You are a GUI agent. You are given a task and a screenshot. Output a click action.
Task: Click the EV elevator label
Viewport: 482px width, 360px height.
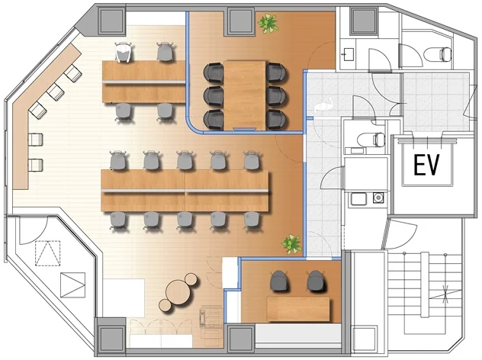click(x=426, y=165)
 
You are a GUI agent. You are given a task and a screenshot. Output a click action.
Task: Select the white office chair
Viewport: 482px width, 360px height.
click(x=124, y=52)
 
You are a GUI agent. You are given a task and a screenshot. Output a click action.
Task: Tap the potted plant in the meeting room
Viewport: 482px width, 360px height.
click(x=268, y=23)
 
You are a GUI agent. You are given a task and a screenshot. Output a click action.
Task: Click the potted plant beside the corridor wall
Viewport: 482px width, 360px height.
click(x=291, y=244)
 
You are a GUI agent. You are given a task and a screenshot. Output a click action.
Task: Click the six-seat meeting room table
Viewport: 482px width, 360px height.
click(x=245, y=95)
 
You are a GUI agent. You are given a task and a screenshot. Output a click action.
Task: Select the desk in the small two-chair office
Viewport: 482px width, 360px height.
click(x=298, y=308)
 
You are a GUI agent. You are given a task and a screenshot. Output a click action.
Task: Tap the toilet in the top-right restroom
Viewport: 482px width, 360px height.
click(x=439, y=54)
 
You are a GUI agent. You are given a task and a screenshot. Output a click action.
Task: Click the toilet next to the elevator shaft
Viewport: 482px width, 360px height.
click(x=371, y=140)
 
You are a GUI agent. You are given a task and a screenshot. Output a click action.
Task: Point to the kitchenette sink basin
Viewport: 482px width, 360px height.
click(x=358, y=199)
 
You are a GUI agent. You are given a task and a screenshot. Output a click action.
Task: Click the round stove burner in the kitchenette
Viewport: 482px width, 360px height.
click(x=378, y=198)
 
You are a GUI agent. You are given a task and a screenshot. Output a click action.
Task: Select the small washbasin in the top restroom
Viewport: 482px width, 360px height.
click(x=349, y=55)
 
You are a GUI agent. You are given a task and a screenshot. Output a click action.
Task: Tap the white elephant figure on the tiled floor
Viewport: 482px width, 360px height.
click(x=323, y=105)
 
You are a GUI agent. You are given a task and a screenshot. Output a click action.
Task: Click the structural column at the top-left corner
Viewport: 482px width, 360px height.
click(x=111, y=21)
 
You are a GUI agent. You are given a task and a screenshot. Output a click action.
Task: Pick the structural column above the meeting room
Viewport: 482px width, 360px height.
click(x=242, y=21)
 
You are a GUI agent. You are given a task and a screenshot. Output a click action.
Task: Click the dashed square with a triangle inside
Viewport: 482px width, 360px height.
click(x=47, y=253)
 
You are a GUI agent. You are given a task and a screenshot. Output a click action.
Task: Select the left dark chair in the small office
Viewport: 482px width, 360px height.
click(x=279, y=281)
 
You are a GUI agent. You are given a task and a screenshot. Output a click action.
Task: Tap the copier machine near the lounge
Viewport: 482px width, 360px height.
click(x=210, y=317)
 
